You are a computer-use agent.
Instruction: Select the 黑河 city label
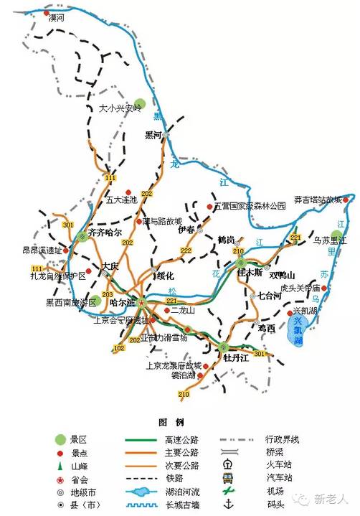153,135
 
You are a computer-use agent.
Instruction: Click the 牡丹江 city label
235,357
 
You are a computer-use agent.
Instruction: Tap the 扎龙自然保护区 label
57,275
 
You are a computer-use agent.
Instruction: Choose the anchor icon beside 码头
228,504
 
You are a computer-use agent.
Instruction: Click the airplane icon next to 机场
228,491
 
